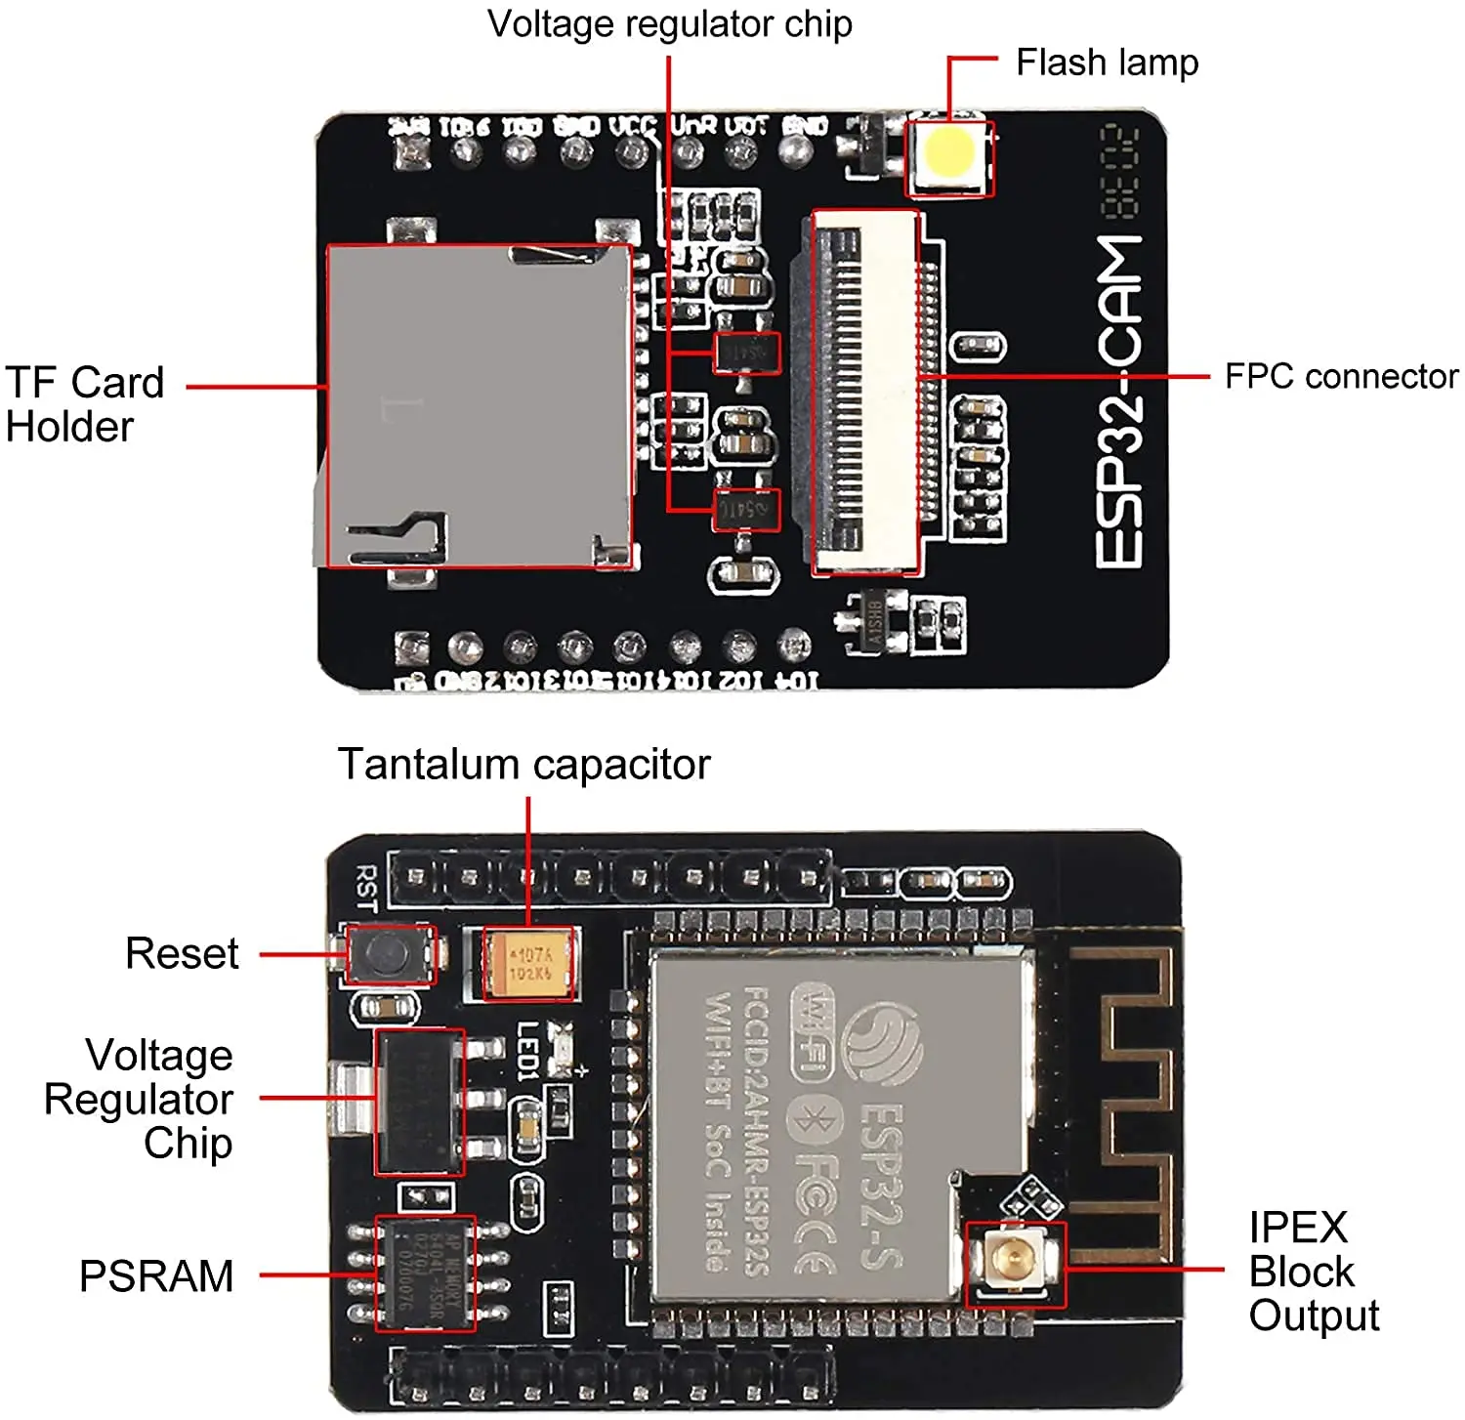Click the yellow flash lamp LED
point(949,151)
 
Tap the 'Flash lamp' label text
point(1107,63)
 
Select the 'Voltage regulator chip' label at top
point(669,24)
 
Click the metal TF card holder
point(479,405)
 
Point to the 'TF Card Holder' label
point(84,404)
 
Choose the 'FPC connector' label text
point(1341,376)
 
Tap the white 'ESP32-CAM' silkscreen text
point(1119,400)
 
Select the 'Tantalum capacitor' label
point(523,764)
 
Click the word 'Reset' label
point(182,953)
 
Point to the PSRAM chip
point(426,1274)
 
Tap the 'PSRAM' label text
point(156,1276)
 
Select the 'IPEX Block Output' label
point(1313,1271)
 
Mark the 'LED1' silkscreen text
point(528,1050)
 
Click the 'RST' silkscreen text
point(366,887)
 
